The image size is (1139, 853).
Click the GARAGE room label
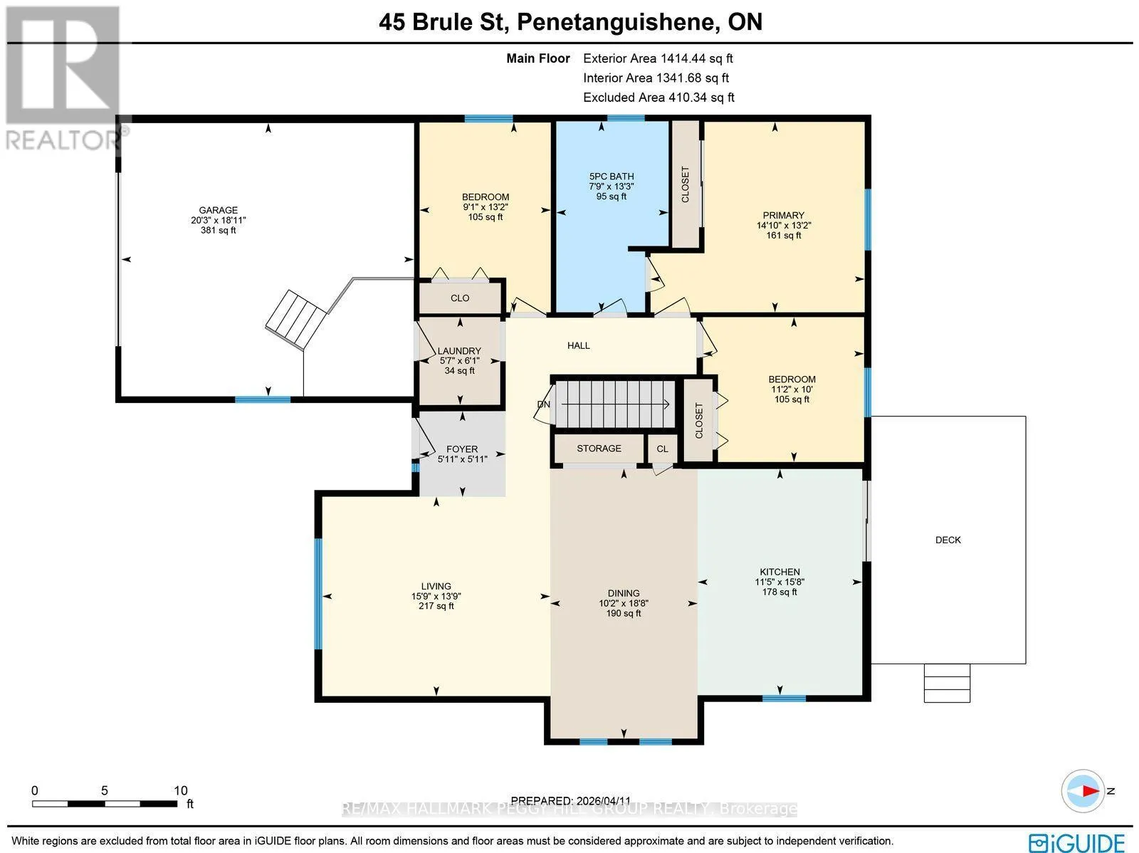pyautogui.click(x=218, y=210)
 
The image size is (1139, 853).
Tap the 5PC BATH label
pyautogui.click(x=612, y=177)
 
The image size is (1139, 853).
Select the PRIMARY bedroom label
pyautogui.click(x=784, y=215)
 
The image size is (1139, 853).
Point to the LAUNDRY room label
pyautogui.click(x=459, y=351)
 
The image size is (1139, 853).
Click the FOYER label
pyautogui.click(x=462, y=449)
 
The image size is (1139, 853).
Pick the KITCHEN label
pyautogui.click(x=780, y=572)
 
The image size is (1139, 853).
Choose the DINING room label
pyautogui.click(x=623, y=593)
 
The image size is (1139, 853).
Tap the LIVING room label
pyautogui.click(x=436, y=586)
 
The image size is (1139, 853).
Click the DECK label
pyautogui.click(x=948, y=540)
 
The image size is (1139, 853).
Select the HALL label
pyautogui.click(x=579, y=345)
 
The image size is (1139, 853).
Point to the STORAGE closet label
pyautogui.click(x=599, y=449)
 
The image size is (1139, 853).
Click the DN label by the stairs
pyautogui.click(x=543, y=404)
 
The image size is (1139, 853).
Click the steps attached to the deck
pyautogui.click(x=947, y=683)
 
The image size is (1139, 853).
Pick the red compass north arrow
pyautogui.click(x=1091, y=791)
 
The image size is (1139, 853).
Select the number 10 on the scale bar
pyautogui.click(x=181, y=790)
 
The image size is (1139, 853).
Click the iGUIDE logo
pyautogui.click(x=1077, y=842)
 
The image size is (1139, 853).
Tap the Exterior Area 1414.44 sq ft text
pyautogui.click(x=658, y=58)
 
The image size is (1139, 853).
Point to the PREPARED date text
pyautogui.click(x=571, y=801)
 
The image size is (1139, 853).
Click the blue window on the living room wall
pyautogui.click(x=317, y=594)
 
